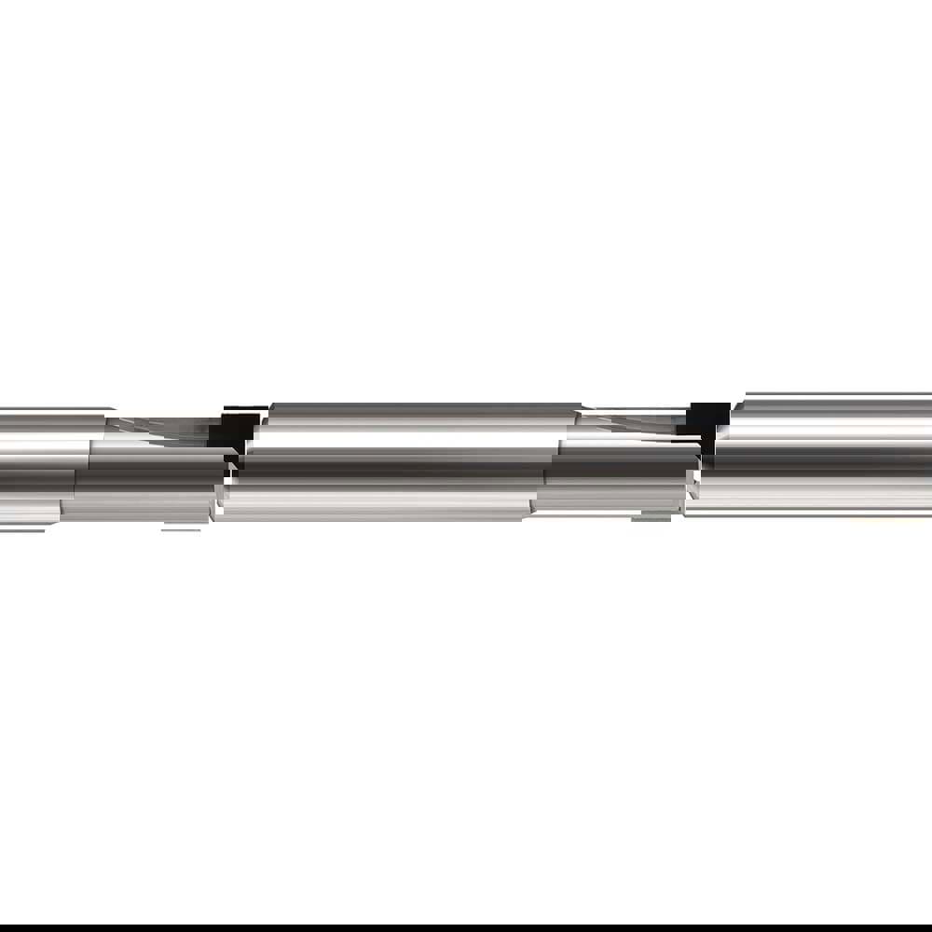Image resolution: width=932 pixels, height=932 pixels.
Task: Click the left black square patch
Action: (x=233, y=431)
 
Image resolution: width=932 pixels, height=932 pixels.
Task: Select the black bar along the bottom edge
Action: (x=466, y=928)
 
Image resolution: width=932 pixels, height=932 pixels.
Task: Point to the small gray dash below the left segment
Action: (x=183, y=528)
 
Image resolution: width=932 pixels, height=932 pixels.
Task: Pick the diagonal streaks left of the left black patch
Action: (x=158, y=427)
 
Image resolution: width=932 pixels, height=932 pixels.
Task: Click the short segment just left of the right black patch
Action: (x=620, y=466)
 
